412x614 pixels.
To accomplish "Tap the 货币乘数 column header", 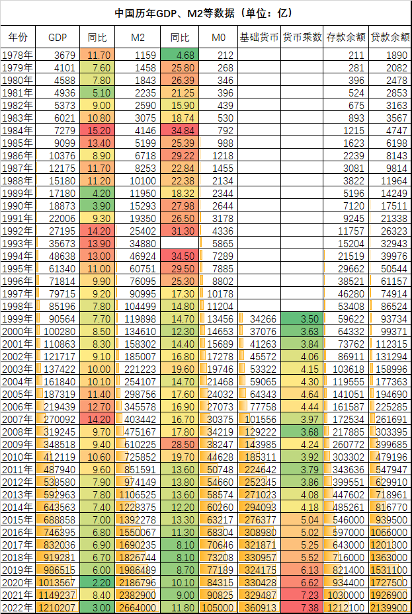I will [302, 37].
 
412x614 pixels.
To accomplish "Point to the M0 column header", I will [218, 37].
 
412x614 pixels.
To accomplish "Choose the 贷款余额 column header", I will [390, 37].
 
